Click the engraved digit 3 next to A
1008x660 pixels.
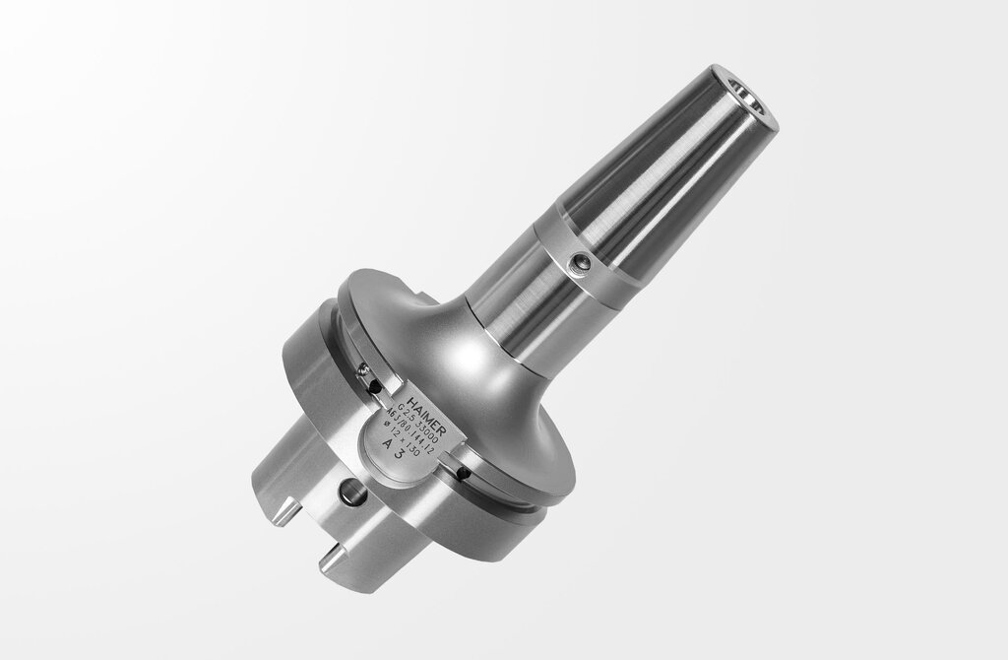400,456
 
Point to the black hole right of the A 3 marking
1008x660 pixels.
462,474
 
